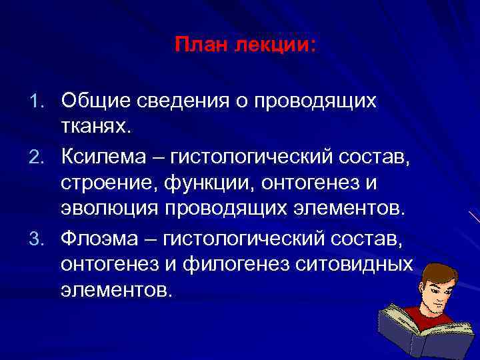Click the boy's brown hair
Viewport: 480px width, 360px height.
click(437, 272)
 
